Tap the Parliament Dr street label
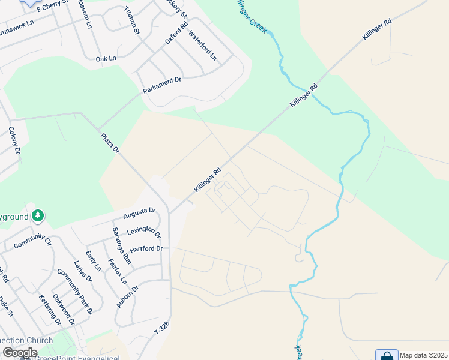(162, 85)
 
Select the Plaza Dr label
(110, 144)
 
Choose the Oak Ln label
(106, 59)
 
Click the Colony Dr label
(15, 142)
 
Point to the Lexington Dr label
(143, 232)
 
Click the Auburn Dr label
(127, 296)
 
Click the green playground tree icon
(38, 215)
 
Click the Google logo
(20, 353)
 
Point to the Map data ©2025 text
(424, 355)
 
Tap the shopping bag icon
(387, 355)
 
